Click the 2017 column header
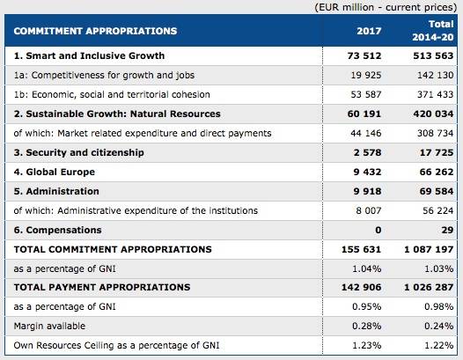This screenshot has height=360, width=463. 369,31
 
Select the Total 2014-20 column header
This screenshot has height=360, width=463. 433,31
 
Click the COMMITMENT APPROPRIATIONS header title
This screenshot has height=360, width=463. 95,31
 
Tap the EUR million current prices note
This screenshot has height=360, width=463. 386,7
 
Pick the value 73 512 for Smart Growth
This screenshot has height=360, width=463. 364,55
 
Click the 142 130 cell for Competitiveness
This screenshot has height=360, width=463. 435,76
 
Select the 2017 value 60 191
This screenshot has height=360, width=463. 364,114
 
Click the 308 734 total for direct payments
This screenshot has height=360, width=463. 435,134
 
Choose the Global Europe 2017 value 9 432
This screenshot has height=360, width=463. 367,172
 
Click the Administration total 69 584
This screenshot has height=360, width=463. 437,191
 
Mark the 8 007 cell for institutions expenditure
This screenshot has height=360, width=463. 369,211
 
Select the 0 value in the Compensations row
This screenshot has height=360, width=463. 378,230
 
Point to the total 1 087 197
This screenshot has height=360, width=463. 429,250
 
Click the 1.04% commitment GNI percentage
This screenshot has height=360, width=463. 367,269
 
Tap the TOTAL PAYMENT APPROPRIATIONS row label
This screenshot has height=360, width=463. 102,287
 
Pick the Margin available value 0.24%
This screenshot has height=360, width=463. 438,326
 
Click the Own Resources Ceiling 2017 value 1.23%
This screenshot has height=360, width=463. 367,346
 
